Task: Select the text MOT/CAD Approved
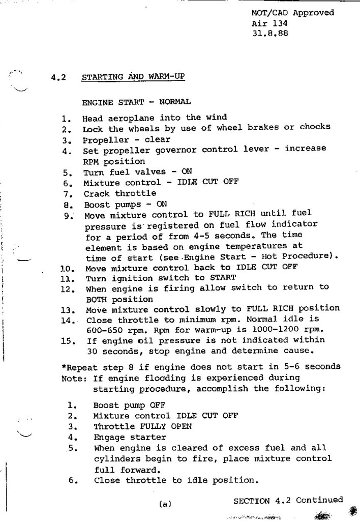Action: (293, 13)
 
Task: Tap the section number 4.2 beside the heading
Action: (58, 77)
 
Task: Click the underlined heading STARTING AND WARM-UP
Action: (133, 77)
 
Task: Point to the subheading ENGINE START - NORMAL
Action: (136, 102)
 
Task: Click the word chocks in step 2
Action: (315, 127)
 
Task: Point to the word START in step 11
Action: (223, 277)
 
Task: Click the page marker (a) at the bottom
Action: (165, 504)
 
